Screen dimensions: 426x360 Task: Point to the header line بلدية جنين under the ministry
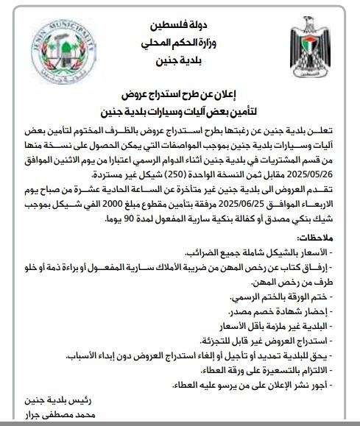[180, 63]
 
